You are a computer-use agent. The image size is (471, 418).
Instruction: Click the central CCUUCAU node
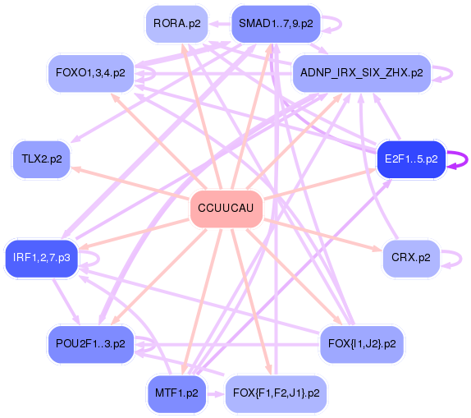pos(226,209)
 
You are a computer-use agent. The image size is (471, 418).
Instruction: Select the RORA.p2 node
pos(176,24)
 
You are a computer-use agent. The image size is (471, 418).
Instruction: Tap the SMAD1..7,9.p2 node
pos(276,24)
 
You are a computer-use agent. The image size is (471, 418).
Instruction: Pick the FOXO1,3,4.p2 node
pos(90,73)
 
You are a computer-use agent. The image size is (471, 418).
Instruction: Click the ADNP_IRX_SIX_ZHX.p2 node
pos(362,73)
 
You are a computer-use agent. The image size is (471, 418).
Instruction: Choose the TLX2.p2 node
pos(42,159)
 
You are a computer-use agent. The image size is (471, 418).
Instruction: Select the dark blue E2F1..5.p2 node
pos(411,159)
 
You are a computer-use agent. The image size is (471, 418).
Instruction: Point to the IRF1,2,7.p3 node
pos(42,258)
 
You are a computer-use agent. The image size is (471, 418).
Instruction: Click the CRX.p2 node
pos(411,258)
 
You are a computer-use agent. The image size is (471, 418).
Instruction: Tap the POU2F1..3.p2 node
pos(90,344)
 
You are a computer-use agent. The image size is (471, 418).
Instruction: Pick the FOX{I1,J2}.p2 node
pos(362,344)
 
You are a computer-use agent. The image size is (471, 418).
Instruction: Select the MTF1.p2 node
pos(176,393)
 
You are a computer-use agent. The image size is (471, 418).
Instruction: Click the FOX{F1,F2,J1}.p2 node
pos(276,393)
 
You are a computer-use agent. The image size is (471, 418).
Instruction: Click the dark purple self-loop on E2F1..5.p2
pos(467,159)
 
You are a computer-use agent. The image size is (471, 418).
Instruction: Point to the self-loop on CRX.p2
pos(461,258)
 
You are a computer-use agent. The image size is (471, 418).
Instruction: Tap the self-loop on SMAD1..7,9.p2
pos(341,24)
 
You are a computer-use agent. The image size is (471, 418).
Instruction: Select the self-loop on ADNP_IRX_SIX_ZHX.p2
pos(452,73)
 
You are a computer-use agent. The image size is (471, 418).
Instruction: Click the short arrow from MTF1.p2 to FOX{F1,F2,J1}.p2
pos(216,394)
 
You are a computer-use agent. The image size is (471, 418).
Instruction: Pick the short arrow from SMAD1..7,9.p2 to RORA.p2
pos(220,24)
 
